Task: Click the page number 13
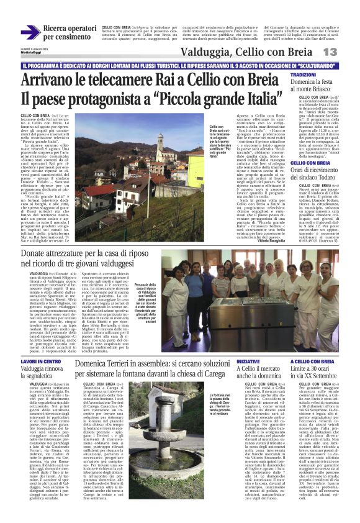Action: pyautogui.click(x=346, y=52)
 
